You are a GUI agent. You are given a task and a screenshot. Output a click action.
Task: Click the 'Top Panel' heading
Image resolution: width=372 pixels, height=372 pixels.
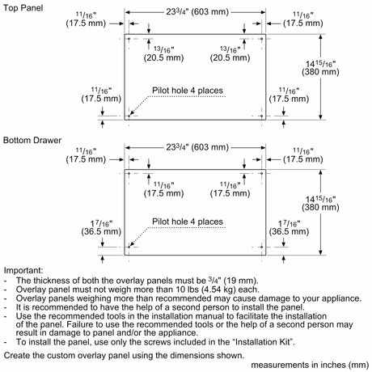(x=23, y=8)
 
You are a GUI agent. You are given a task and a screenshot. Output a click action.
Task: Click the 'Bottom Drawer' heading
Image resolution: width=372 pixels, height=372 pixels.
(x=32, y=140)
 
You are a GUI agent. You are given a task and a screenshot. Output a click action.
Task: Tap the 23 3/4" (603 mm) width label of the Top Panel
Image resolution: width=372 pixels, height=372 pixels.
(x=197, y=12)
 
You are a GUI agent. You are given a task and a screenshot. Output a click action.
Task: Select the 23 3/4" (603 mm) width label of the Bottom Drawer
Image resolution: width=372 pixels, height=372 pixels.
(x=197, y=147)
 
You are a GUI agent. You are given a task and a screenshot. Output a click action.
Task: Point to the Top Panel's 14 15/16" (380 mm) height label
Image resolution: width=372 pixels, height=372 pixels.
(x=320, y=68)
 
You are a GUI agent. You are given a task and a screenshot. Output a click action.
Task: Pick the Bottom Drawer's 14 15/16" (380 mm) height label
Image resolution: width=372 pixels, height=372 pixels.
(x=320, y=203)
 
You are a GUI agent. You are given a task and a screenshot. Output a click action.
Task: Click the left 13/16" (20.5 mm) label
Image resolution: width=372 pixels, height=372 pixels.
(x=163, y=53)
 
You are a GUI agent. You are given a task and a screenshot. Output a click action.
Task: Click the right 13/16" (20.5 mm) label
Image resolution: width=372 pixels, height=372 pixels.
(x=230, y=53)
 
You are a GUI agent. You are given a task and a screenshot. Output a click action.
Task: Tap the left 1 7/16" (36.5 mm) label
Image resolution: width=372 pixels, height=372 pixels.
(x=101, y=228)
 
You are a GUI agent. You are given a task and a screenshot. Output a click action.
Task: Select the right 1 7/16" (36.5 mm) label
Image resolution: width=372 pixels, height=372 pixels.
(x=289, y=228)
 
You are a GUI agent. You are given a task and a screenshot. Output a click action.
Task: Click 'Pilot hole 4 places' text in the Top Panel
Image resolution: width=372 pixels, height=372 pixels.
(x=188, y=91)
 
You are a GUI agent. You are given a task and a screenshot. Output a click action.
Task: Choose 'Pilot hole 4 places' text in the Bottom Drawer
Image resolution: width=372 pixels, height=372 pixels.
(x=188, y=222)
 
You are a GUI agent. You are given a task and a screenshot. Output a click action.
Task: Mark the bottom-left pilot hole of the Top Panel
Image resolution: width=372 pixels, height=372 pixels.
(x=129, y=116)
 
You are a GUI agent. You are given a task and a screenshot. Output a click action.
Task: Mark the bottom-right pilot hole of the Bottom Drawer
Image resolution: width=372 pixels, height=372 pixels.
(x=262, y=247)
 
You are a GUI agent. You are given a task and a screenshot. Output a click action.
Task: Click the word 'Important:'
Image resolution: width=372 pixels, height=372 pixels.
(x=23, y=270)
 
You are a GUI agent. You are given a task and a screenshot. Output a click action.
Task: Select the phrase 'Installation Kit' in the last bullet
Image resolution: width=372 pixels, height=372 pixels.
(x=263, y=342)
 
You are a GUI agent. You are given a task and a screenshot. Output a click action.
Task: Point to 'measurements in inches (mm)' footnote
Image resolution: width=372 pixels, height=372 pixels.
(x=310, y=365)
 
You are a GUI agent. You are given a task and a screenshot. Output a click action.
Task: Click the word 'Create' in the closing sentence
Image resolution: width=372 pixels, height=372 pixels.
(x=17, y=355)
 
